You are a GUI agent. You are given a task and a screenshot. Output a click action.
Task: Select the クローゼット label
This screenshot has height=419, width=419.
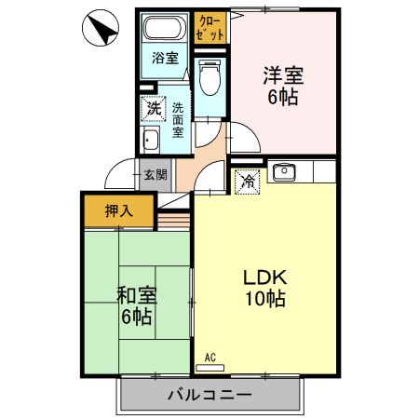point(210,28)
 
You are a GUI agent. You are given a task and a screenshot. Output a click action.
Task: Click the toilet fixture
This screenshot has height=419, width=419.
point(209,77)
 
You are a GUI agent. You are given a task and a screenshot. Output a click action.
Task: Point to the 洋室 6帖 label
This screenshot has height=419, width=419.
point(283,86)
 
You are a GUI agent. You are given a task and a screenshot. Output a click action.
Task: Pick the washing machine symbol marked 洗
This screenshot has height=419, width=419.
point(153,109)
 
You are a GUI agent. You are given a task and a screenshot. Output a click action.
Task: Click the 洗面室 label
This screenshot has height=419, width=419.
point(178,120)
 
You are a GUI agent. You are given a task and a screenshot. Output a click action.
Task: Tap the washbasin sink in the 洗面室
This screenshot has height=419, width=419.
point(151,140)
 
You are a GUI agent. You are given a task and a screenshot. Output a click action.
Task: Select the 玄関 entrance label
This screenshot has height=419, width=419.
point(155,175)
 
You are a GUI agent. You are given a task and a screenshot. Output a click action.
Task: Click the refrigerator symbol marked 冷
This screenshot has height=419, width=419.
point(248,182)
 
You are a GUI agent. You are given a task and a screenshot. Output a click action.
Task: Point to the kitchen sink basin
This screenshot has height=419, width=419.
point(284,171)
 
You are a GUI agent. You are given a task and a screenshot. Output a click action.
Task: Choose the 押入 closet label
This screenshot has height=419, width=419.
point(119,211)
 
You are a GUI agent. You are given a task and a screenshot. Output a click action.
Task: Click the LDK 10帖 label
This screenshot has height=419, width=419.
point(265,288)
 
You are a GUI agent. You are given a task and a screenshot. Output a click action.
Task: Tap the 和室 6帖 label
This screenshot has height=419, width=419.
point(137,305)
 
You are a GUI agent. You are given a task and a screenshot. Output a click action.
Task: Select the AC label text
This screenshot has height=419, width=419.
point(210,358)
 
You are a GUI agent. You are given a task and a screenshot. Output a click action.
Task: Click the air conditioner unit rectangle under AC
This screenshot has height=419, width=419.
point(210,368)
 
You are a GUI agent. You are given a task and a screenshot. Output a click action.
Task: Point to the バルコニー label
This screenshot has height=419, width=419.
point(209,395)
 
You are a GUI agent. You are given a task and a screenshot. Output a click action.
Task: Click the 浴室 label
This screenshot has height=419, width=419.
point(165,58)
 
